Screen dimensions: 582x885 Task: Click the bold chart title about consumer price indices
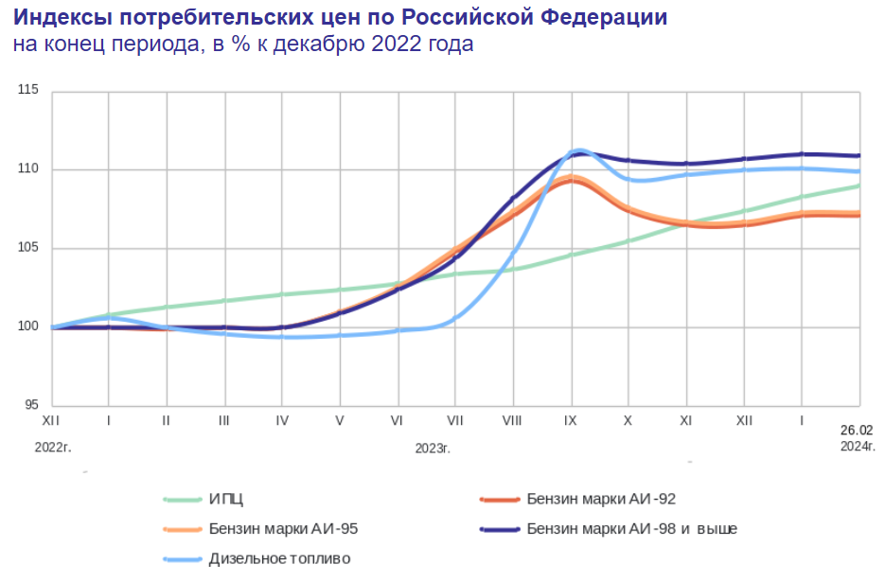340,18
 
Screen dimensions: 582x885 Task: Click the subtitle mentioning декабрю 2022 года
242,44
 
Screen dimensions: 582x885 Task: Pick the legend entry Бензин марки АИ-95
283,528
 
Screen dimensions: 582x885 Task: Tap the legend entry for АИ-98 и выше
631,528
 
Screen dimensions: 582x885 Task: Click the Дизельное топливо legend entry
280,558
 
